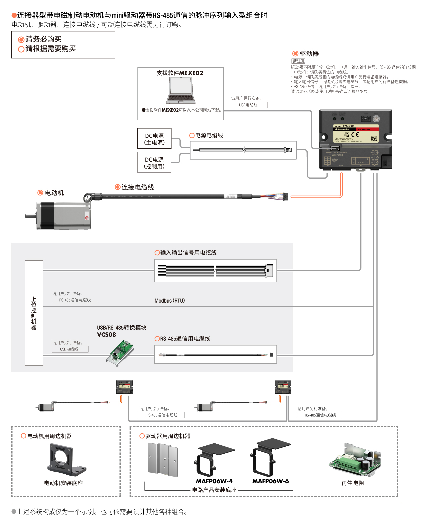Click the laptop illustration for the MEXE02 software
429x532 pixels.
[181, 91]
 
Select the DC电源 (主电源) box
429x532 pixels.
[154, 139]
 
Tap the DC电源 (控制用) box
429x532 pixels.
[154, 163]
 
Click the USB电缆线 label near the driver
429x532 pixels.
[249, 105]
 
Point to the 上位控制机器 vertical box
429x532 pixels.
[34, 313]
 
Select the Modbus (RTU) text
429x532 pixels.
[169, 301]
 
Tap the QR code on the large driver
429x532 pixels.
[374, 138]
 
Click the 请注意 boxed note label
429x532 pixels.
[298, 61]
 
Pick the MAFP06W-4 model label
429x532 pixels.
[214, 481]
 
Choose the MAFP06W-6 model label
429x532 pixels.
[270, 481]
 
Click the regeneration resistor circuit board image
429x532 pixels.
[355, 460]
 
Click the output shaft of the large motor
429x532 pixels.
[31, 216]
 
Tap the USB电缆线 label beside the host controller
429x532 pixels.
[70, 349]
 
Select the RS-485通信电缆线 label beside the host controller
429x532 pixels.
[75, 300]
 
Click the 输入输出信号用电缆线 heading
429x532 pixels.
[188, 253]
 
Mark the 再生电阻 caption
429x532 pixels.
[353, 483]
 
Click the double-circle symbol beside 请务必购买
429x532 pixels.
[21, 40]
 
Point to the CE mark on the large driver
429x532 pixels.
[355, 135]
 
